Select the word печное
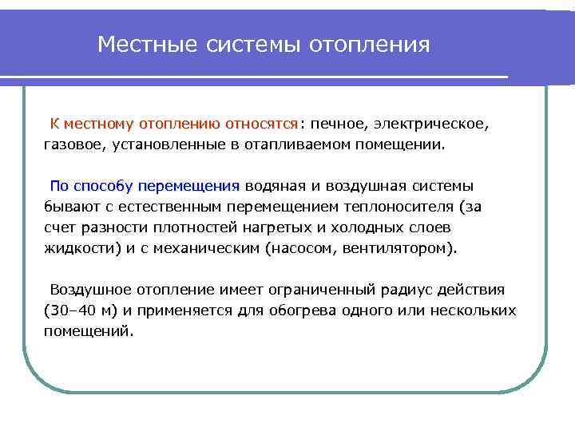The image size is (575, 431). (x=336, y=125)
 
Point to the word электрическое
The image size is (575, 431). (x=426, y=125)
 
